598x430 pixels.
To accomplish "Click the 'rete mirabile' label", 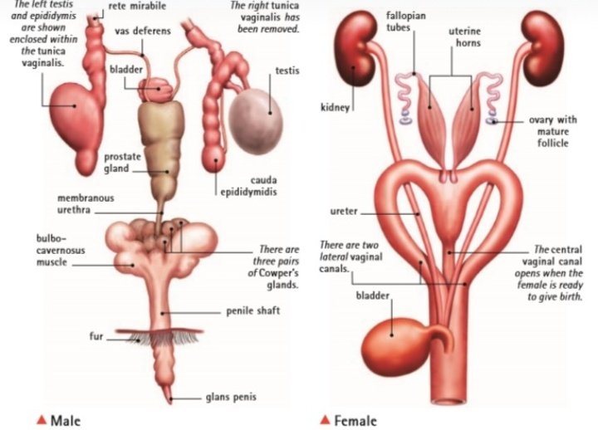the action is (137, 7).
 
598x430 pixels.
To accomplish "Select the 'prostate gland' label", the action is (121, 163).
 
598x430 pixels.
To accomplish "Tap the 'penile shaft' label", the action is (252, 312).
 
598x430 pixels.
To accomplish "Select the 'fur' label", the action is (96, 337).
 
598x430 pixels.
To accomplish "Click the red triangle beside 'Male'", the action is (41, 419).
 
